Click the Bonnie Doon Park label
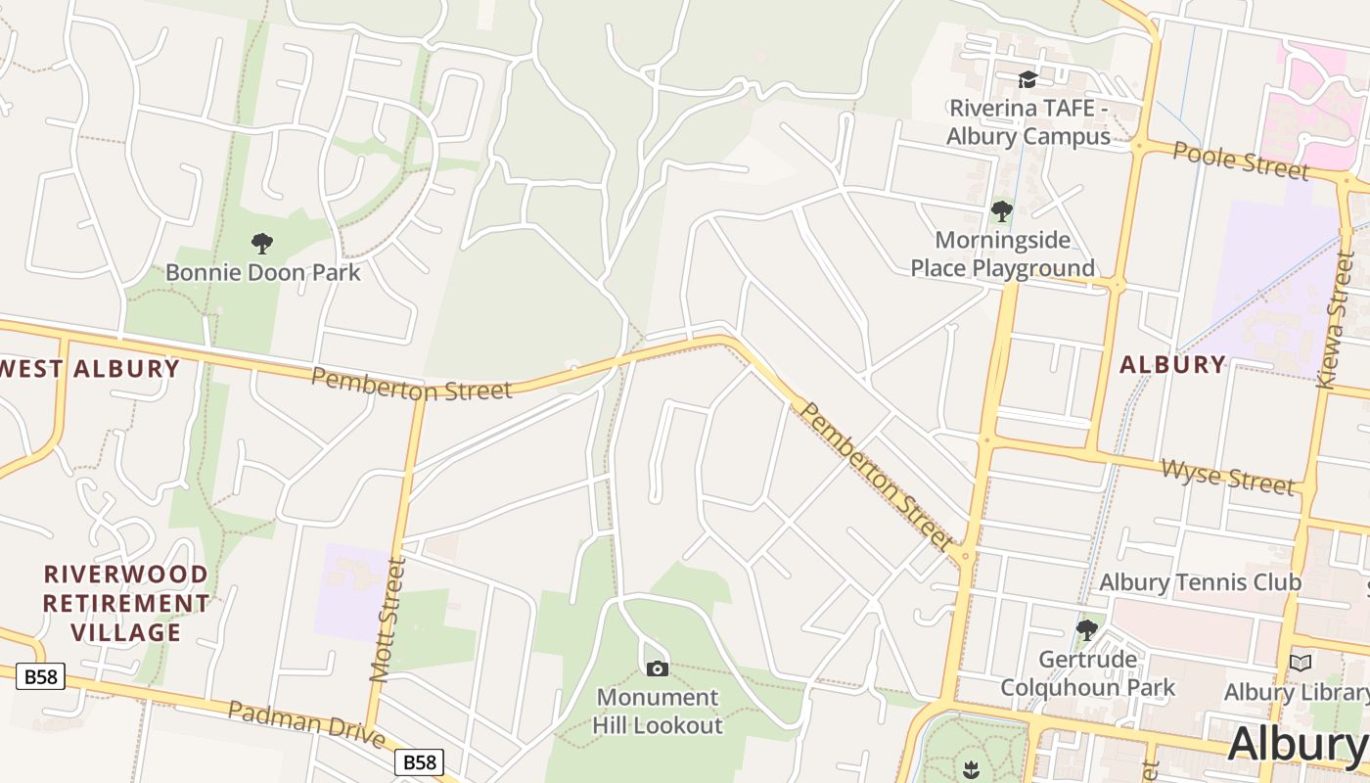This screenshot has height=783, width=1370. [x=262, y=272]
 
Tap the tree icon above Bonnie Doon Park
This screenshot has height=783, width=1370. [x=261, y=243]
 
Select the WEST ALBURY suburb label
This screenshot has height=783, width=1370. [x=90, y=369]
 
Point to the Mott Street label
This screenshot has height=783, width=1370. [x=388, y=619]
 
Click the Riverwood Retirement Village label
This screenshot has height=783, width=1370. [x=126, y=603]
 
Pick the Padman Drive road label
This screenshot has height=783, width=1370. [x=304, y=724]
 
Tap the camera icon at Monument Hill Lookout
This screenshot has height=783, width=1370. [x=658, y=668]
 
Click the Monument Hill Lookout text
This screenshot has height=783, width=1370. [x=659, y=712]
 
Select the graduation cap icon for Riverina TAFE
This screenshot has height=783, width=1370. [x=1027, y=79]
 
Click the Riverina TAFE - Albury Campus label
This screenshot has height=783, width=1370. [x=1027, y=122]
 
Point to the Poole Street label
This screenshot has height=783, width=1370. [x=1241, y=161]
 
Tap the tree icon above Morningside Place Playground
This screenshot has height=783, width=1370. [x=1001, y=210]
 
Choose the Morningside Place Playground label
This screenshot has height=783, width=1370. [x=1003, y=253]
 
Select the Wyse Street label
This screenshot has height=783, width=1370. [x=1227, y=477]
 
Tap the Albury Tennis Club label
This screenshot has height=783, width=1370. [x=1200, y=582]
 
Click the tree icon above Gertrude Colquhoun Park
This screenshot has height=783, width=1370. [x=1086, y=629]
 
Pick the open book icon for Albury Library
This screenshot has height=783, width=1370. [x=1300, y=663]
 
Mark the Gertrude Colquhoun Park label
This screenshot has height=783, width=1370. [x=1087, y=673]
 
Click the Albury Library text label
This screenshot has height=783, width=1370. [x=1296, y=693]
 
